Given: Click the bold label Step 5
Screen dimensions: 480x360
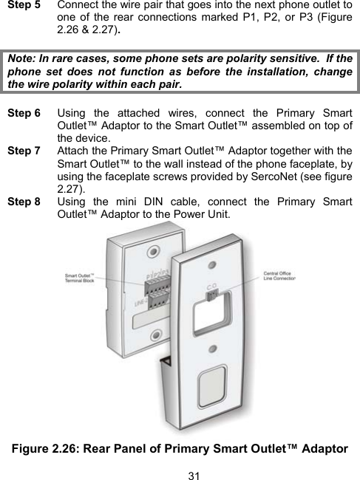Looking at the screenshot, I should click(23, 6).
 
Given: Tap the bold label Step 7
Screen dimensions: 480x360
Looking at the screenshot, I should click(23, 149).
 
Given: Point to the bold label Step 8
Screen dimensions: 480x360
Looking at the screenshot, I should click(23, 199).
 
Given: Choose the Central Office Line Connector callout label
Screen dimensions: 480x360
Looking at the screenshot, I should click(279, 275).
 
